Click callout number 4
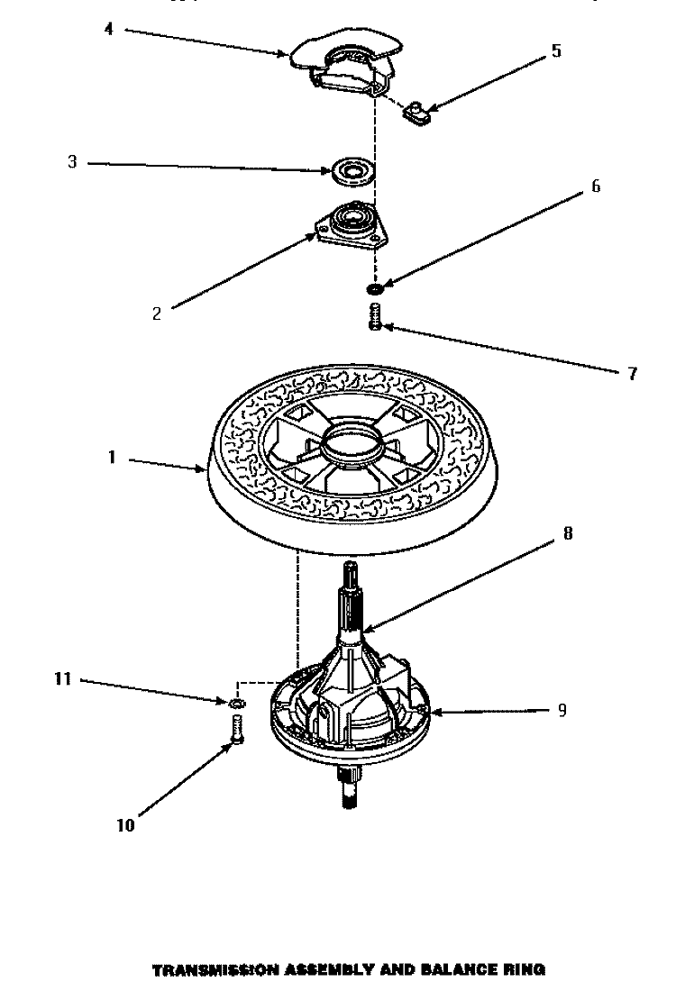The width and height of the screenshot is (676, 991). pyautogui.click(x=108, y=30)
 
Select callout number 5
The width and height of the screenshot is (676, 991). pyautogui.click(x=556, y=51)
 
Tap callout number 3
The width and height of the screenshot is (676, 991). pyautogui.click(x=72, y=163)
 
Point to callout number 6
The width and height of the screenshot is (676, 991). pyautogui.click(x=596, y=186)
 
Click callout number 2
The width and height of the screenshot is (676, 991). pyautogui.click(x=157, y=314)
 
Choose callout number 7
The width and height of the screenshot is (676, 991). pyautogui.click(x=632, y=372)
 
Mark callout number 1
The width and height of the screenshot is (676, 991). pyautogui.click(x=113, y=458)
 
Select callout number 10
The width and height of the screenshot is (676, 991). pyautogui.click(x=125, y=824)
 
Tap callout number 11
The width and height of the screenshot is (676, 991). pyautogui.click(x=64, y=679)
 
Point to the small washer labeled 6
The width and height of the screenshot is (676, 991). pyautogui.click(x=373, y=289)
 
